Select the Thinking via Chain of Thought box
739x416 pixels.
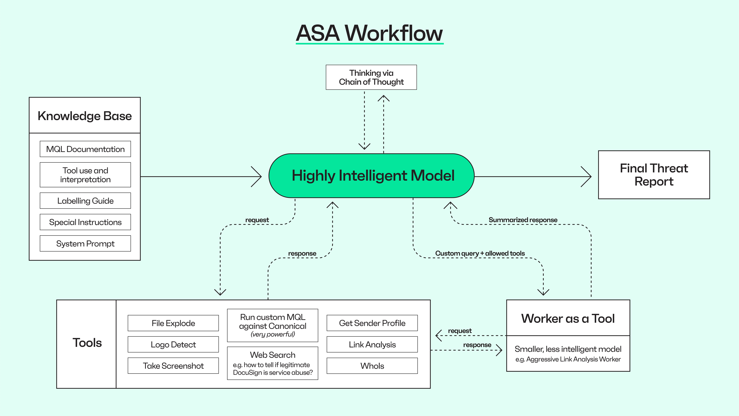pos(371,77)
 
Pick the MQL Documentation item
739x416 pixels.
pos(85,149)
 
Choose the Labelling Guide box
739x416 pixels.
pos(85,201)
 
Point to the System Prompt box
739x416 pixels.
pos(85,243)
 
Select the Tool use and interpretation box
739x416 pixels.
pos(85,175)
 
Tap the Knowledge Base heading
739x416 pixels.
pos(85,116)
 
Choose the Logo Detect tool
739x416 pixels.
pos(173,345)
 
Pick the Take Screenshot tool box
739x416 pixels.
pos(173,366)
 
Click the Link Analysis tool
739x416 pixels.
pos(372,345)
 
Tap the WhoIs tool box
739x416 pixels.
pos(372,366)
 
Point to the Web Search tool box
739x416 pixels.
pos(273,363)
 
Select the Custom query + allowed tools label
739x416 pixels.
pos(480,253)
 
